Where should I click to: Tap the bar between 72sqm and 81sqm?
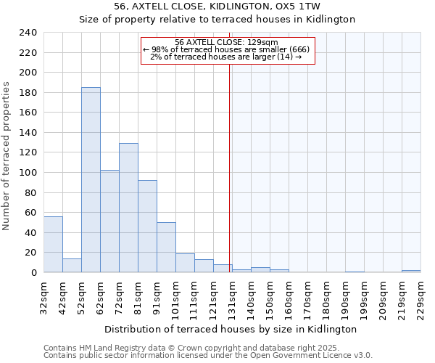point(128,208)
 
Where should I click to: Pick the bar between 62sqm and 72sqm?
point(109,221)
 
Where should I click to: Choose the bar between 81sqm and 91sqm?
point(147,227)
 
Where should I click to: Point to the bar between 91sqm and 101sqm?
point(166,248)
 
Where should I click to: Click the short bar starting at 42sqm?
point(72,266)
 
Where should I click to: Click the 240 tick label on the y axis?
point(28,33)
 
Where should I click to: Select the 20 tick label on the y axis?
point(31,253)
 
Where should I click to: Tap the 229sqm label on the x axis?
point(420,299)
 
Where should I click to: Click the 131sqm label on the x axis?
point(232,299)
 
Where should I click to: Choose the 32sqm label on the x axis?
point(43,299)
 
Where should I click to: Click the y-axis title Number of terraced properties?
point(7,155)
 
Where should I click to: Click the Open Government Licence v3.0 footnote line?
point(207,355)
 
